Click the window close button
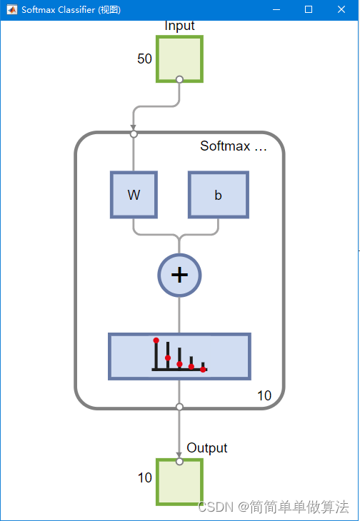[x=341, y=9]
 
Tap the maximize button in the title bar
[x=309, y=9]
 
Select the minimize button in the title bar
[x=276, y=10]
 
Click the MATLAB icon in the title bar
[x=12, y=10]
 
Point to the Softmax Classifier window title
[x=71, y=10]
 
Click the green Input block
[x=179, y=59]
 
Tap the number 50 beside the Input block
[x=144, y=59]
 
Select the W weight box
[x=134, y=195]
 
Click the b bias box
[x=219, y=195]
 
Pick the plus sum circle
[x=179, y=275]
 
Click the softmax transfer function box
[x=179, y=356]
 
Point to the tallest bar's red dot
[x=156, y=340]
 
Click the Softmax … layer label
[x=234, y=146]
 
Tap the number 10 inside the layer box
[x=264, y=395]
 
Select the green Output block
[x=179, y=482]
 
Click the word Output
[x=206, y=448]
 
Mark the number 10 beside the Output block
[x=145, y=477]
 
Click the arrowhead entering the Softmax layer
[x=134, y=128]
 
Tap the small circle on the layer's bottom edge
[x=179, y=407]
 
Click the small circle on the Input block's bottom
[x=179, y=79]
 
